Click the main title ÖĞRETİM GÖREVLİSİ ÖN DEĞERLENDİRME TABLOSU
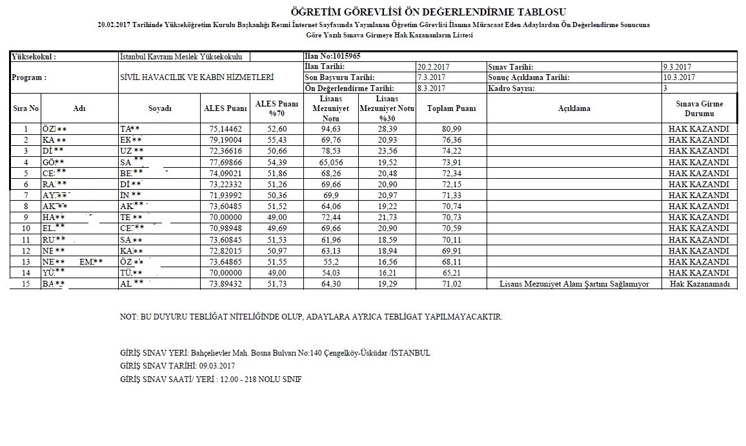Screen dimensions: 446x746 pos(428,11)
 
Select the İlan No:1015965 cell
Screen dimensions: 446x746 pos(332,57)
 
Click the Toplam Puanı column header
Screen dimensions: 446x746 pos(452,108)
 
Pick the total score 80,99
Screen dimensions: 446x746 pos(451,128)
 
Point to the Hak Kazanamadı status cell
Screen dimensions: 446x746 pos(700,284)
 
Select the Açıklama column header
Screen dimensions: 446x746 pos(574,108)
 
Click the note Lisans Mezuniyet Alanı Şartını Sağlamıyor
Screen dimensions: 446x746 pos(574,284)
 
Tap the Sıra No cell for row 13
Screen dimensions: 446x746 pos(26,261)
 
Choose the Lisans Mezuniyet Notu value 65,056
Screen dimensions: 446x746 pos(339,162)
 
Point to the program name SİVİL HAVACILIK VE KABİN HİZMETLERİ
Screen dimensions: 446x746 pos(197,77)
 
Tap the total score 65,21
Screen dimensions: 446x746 pos(451,273)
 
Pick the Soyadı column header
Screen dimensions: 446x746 pos(159,108)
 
